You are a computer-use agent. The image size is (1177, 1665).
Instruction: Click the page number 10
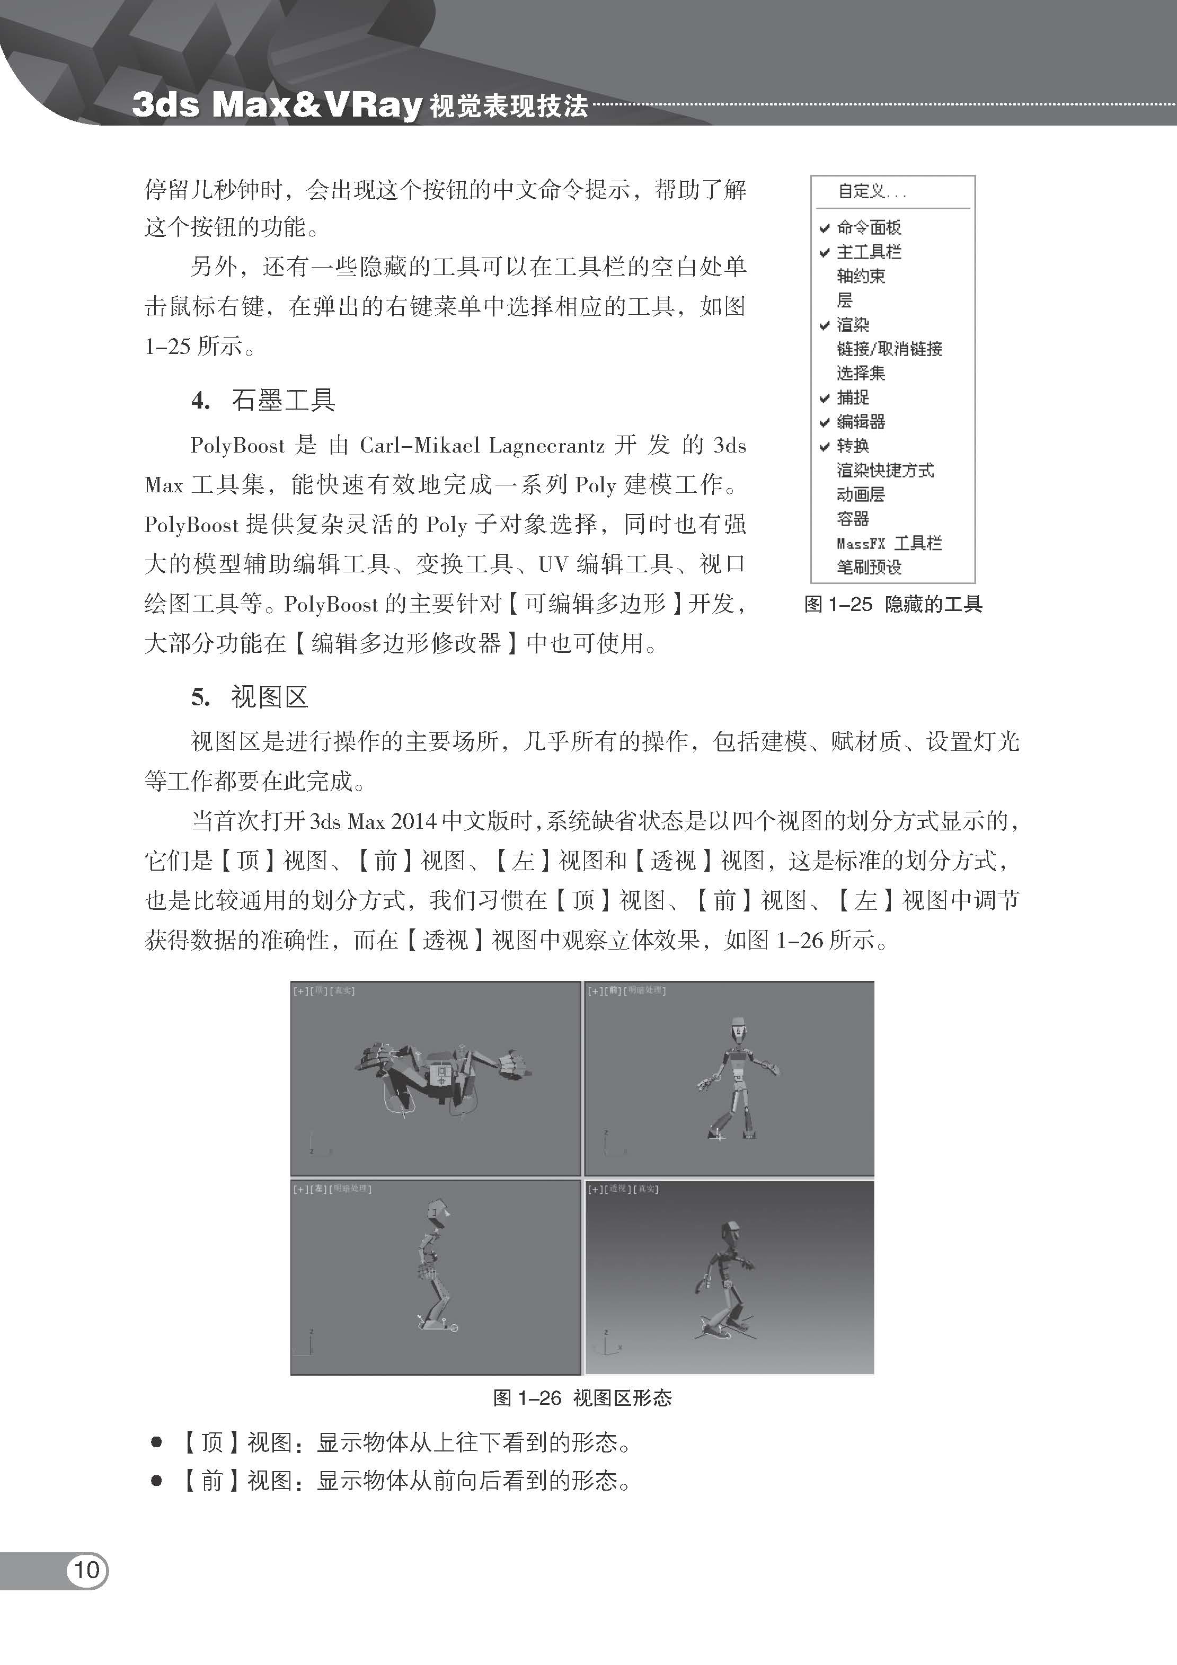click(x=86, y=1570)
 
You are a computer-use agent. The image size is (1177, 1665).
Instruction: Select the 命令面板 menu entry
click(x=868, y=228)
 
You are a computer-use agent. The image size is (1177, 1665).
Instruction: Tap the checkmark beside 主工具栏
click(x=825, y=252)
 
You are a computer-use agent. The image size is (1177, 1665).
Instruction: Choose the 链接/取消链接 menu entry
click(x=889, y=349)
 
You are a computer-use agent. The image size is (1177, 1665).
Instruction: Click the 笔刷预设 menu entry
click(x=868, y=567)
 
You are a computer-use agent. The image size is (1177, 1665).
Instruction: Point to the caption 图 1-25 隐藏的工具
click(x=893, y=604)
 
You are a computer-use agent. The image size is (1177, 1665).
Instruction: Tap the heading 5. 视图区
click(x=250, y=697)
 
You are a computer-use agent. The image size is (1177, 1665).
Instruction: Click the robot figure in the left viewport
click(x=436, y=1262)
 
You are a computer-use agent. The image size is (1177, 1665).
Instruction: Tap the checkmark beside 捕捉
click(x=825, y=398)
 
